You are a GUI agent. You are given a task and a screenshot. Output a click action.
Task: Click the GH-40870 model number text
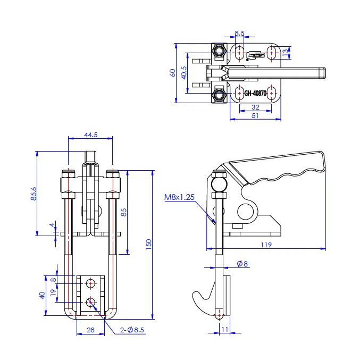[x=255, y=93]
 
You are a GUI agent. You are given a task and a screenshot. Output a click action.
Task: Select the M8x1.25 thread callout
[x=179, y=197]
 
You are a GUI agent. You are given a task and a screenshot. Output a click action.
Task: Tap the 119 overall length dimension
[x=266, y=245]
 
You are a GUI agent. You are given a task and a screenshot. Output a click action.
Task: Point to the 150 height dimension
[x=148, y=245]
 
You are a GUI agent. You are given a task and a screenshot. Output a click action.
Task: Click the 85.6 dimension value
[x=34, y=194]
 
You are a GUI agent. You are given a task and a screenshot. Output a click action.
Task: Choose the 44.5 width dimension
[x=91, y=135]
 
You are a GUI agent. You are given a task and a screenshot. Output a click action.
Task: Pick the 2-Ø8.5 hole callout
[x=132, y=330]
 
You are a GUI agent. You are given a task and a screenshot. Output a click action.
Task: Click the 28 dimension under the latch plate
[x=91, y=330]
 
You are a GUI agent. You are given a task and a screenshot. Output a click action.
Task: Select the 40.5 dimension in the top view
[x=184, y=73]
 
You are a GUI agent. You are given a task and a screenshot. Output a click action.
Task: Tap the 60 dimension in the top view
[x=172, y=73]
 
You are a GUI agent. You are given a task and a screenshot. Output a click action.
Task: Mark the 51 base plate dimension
[x=255, y=115]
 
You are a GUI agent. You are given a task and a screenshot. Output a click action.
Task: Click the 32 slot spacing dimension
[x=255, y=107]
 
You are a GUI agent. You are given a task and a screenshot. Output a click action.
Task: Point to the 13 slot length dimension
[x=285, y=52]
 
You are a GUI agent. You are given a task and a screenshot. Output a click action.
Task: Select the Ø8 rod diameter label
[x=242, y=264]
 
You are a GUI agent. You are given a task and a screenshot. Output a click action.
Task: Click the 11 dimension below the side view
[x=225, y=330]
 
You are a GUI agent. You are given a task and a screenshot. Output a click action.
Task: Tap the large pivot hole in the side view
[x=246, y=212]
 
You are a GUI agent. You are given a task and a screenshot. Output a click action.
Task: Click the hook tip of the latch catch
[x=195, y=295]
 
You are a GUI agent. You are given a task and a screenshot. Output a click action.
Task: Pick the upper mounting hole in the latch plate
[x=91, y=284]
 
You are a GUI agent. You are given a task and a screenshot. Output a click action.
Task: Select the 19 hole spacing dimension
[x=53, y=292]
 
